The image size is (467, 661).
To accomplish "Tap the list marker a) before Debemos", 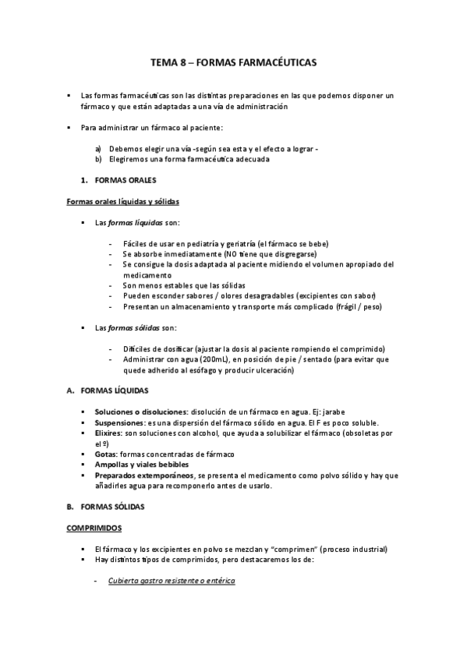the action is (x=98, y=148).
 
